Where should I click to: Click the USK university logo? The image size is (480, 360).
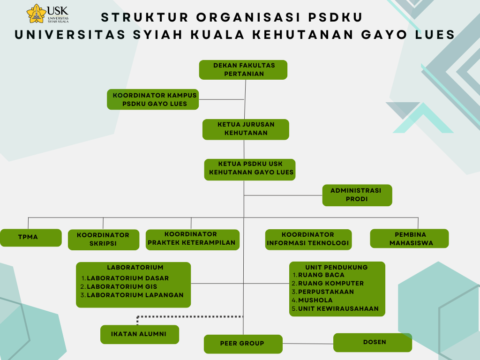click(47, 14)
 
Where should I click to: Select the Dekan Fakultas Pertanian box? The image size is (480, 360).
click(243, 70)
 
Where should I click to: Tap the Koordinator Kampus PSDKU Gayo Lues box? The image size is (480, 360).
click(153, 99)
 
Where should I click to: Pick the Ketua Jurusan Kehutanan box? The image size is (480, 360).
click(246, 129)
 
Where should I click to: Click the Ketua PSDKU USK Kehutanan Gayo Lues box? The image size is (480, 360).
click(250, 170)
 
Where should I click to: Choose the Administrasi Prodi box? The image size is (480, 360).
click(357, 195)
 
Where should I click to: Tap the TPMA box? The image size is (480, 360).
click(30, 238)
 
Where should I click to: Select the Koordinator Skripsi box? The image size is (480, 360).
click(104, 240)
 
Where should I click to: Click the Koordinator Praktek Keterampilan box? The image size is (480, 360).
click(193, 240)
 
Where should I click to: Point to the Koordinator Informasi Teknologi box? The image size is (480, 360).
click(308, 240)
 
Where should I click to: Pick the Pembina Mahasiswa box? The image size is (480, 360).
click(409, 239)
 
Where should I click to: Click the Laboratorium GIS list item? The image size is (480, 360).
click(119, 287)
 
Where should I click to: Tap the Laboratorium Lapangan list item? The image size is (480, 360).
click(132, 295)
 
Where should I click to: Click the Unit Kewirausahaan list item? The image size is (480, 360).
click(335, 308)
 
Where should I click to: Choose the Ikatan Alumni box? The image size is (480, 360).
click(140, 334)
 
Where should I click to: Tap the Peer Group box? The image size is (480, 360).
click(243, 344)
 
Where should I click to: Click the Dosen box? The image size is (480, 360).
click(373, 343)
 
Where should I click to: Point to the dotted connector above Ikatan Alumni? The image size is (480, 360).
click(190, 316)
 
